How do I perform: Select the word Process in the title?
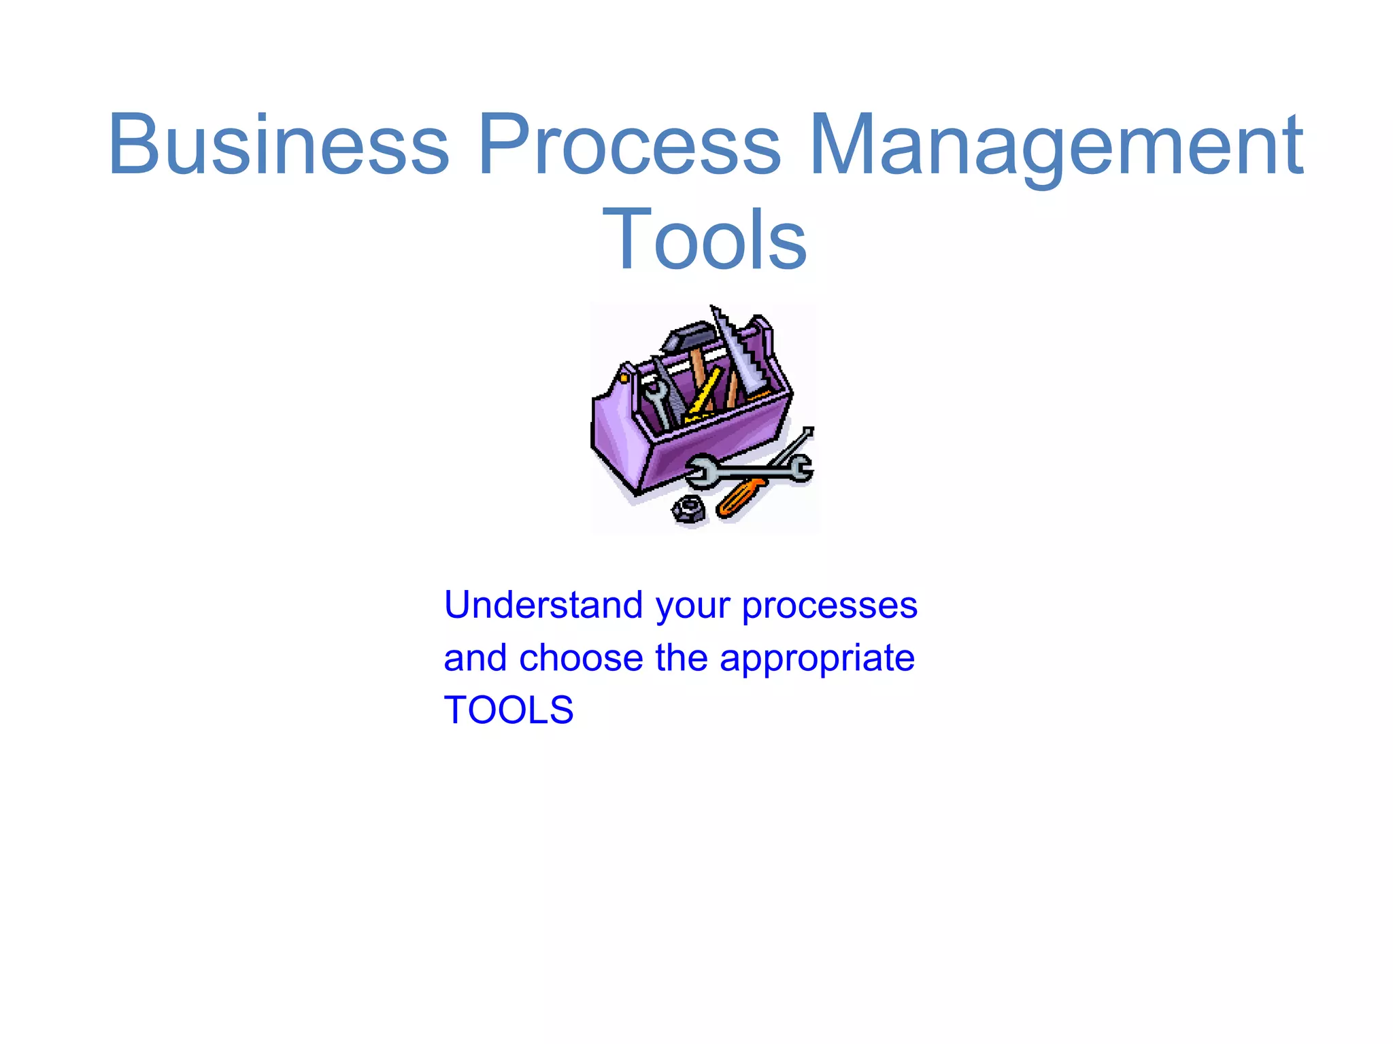click(x=629, y=144)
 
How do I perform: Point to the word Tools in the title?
click(x=705, y=239)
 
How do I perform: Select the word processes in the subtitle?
click(x=830, y=606)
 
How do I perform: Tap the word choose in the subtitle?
click(x=581, y=658)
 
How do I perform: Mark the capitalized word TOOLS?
click(x=509, y=710)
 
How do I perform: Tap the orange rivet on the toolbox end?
click(x=623, y=375)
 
